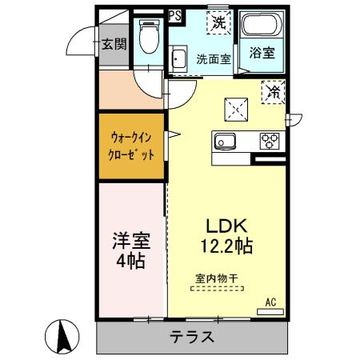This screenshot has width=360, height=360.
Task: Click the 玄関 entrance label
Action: pyautogui.click(x=114, y=44)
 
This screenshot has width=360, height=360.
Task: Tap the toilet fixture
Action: pyautogui.click(x=148, y=36)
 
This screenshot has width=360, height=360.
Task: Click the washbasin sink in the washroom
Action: pyautogui.click(x=178, y=59)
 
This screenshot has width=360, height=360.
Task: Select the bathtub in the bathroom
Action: pyautogui.click(x=261, y=26)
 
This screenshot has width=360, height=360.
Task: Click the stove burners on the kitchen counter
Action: pyautogui.click(x=268, y=142)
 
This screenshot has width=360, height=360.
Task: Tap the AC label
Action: pyautogui.click(x=270, y=302)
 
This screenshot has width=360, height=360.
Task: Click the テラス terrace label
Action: pyautogui.click(x=191, y=337)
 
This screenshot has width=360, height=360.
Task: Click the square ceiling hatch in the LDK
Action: pyautogui.click(x=237, y=106)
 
